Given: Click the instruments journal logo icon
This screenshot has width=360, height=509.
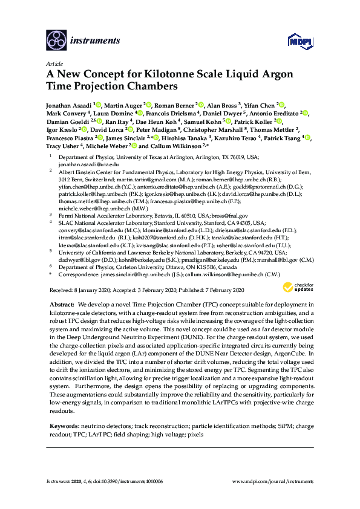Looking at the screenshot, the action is (x=56, y=41).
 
